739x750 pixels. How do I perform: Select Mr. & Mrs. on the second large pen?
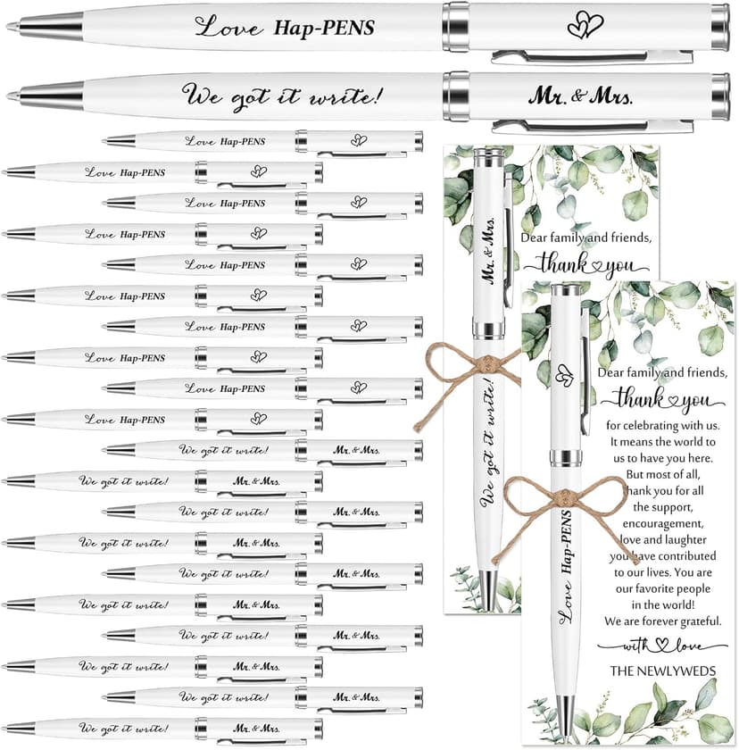pyautogui.click(x=580, y=94)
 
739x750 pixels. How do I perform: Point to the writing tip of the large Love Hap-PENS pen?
pyautogui.click(x=11, y=27)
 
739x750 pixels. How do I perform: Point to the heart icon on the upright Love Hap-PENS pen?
pyautogui.click(x=561, y=375)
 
